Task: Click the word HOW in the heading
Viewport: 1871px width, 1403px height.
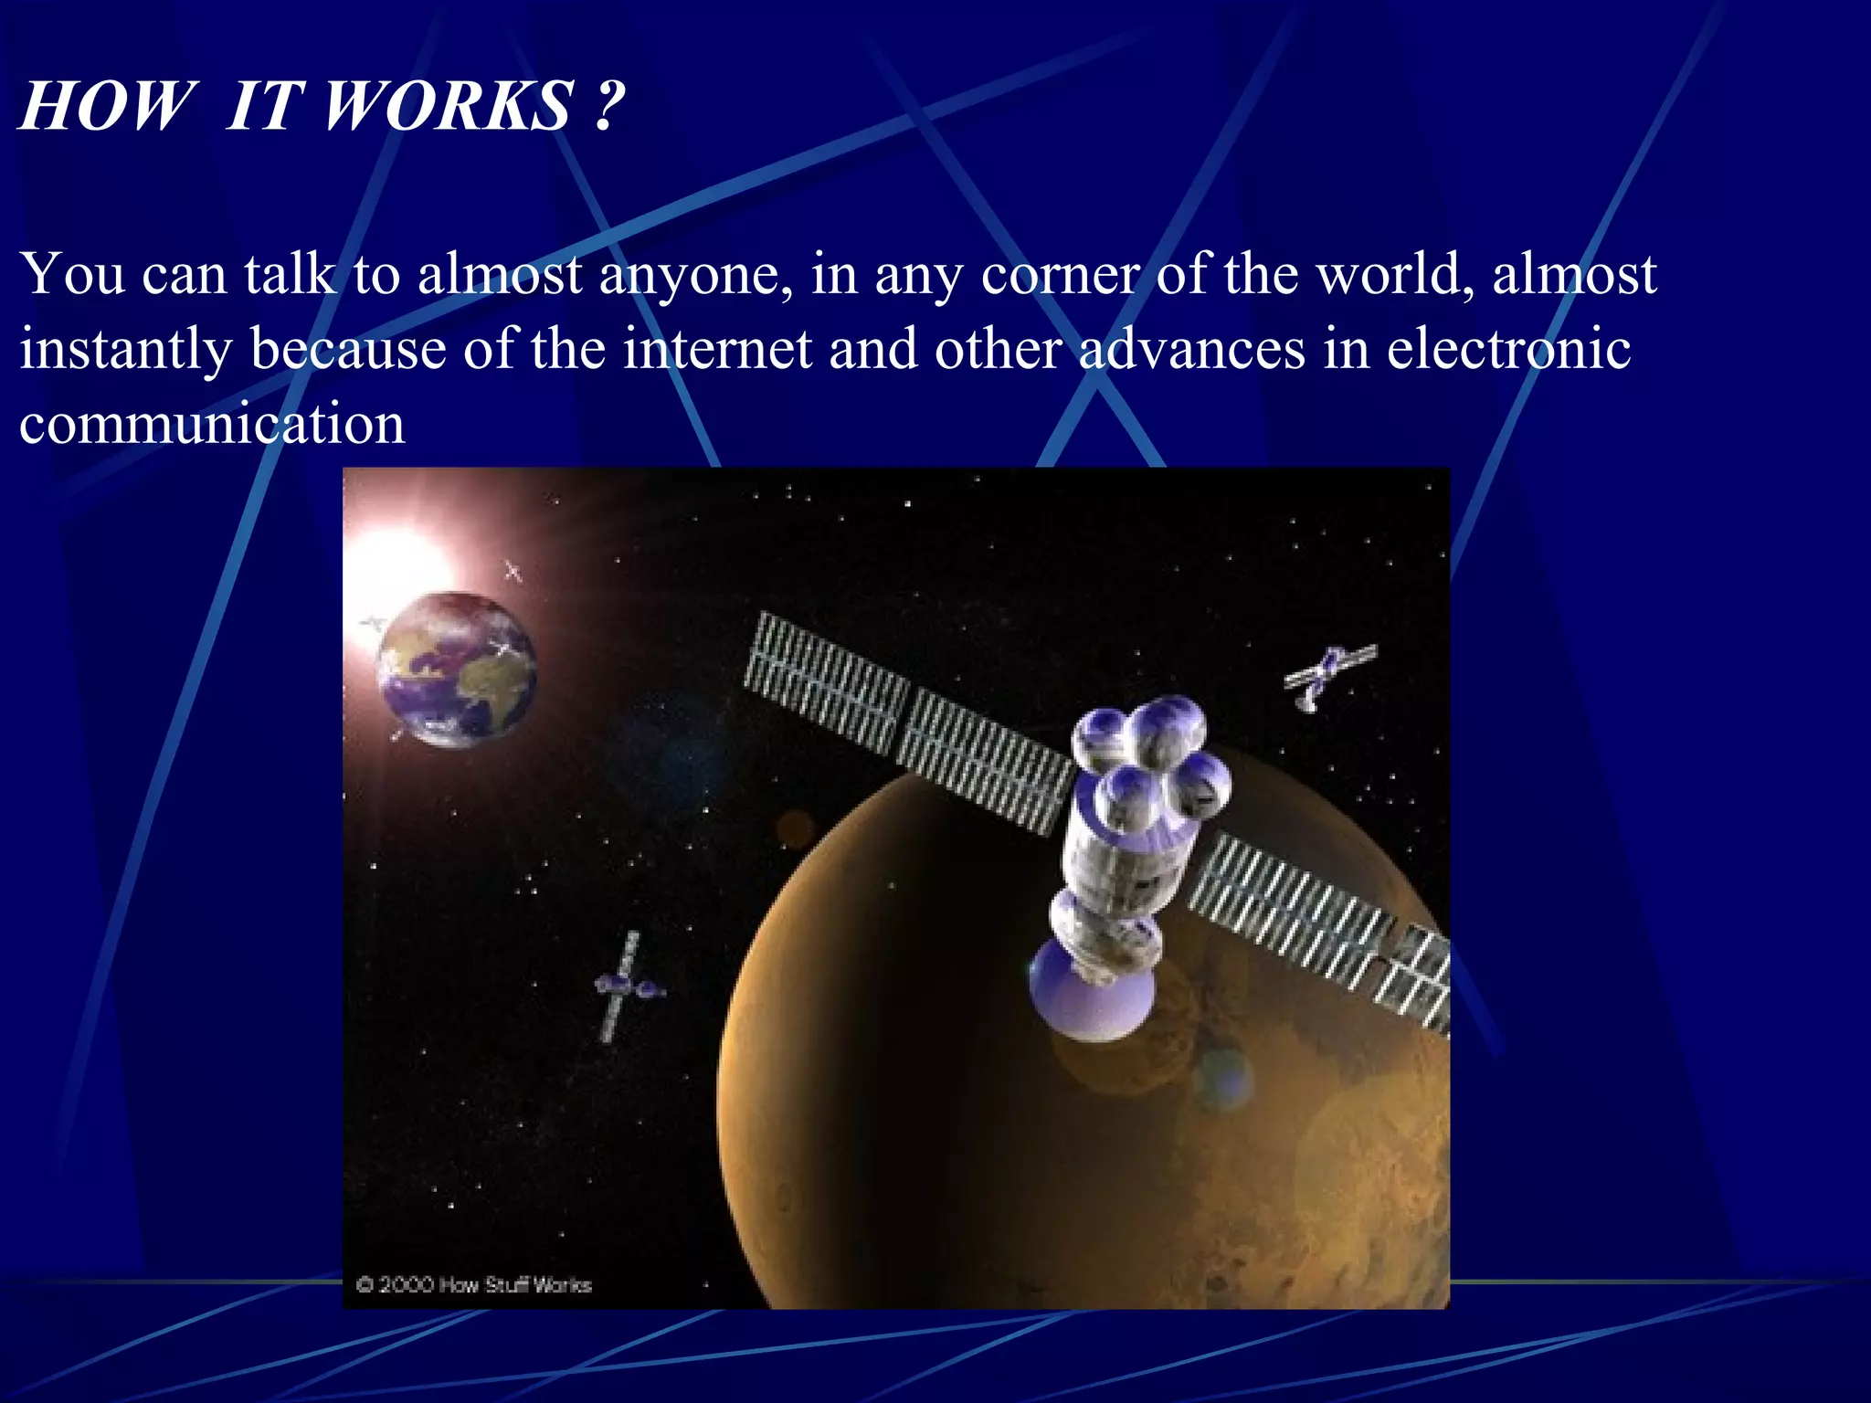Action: click(108, 106)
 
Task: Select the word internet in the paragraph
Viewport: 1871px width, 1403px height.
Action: click(717, 349)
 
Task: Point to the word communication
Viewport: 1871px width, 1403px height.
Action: click(212, 425)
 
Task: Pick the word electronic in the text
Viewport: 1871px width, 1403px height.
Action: click(1508, 349)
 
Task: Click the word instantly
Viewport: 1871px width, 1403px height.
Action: click(125, 351)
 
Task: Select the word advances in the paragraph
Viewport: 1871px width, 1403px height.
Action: click(1191, 349)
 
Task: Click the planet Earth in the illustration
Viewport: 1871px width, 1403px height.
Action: click(457, 669)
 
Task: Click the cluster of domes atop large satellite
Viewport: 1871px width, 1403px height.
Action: click(1151, 754)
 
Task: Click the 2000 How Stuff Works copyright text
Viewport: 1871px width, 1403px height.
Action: click(474, 1285)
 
